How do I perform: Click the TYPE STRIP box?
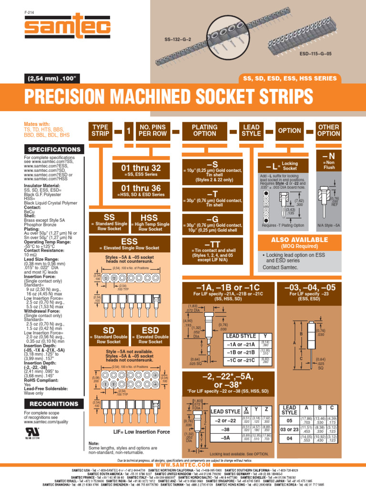click(x=100, y=130)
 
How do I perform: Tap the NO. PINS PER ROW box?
click(x=152, y=130)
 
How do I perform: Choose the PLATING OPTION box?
click(x=204, y=130)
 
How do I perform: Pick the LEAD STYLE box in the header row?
click(x=251, y=130)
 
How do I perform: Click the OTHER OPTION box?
click(x=329, y=130)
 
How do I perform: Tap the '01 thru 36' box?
click(x=141, y=191)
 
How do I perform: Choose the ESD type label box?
click(x=150, y=333)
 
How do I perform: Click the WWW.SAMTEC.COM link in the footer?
click(x=183, y=465)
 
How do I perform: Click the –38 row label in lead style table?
click(x=225, y=429)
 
